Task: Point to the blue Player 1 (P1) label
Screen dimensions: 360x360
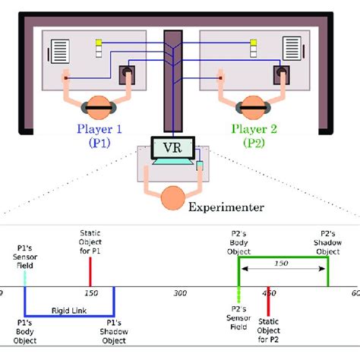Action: coord(99,134)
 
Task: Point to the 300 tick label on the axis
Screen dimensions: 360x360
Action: coord(180,293)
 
